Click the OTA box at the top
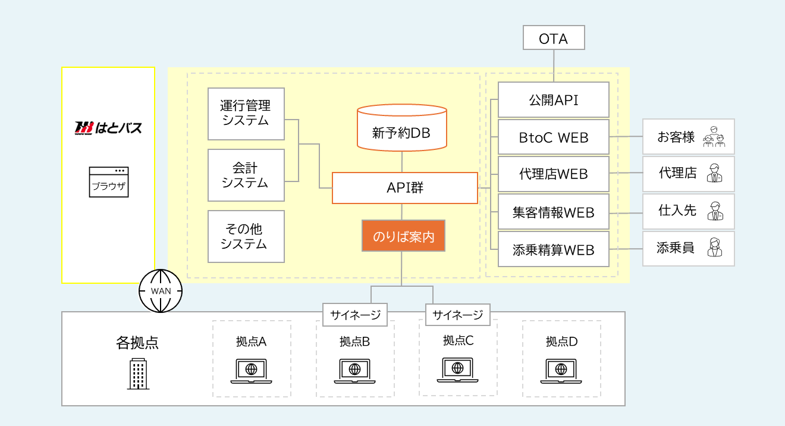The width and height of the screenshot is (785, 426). [554, 39]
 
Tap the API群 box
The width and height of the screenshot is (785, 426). [404, 188]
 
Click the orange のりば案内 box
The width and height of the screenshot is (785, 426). [404, 236]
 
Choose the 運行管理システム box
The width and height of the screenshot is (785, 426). [246, 114]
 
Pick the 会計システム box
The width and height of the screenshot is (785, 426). [246, 175]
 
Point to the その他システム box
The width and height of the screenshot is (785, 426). [246, 236]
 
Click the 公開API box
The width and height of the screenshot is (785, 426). [553, 100]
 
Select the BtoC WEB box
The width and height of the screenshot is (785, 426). [553, 137]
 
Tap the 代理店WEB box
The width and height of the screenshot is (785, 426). [553, 174]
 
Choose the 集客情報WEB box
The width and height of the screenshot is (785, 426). [553, 212]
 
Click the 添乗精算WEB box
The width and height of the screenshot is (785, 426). [553, 249]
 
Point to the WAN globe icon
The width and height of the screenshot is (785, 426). [161, 291]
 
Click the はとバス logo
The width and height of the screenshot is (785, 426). [108, 127]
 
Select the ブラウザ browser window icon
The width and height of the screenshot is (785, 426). [108, 182]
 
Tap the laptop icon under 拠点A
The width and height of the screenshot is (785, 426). [251, 371]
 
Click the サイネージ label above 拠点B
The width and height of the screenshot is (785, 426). [355, 315]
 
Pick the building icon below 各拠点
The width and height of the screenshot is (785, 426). [137, 374]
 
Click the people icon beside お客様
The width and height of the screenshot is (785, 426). [714, 137]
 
